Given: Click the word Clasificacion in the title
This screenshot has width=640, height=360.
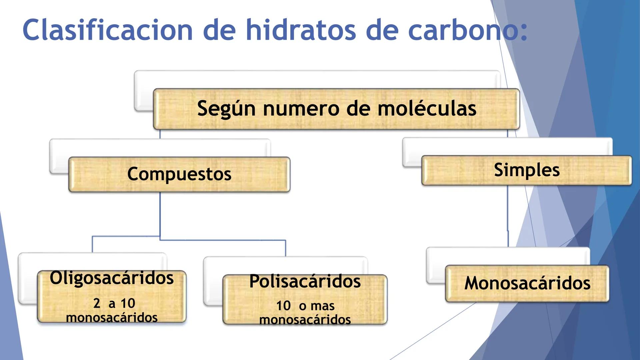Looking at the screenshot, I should [x=108, y=30].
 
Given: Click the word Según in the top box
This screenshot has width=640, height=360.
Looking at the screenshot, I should [x=226, y=109].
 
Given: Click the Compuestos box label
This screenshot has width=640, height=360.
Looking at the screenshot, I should [x=179, y=174].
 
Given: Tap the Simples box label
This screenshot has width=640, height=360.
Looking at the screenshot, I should [x=527, y=170].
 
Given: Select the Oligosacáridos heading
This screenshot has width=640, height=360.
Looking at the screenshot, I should [x=112, y=278].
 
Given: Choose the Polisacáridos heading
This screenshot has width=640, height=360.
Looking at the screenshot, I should [x=305, y=281].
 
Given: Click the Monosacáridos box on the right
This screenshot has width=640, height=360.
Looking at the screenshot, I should [x=527, y=283].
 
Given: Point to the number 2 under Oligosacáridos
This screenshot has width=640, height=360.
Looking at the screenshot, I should [x=97, y=303].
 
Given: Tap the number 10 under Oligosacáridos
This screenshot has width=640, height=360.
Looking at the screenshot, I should [x=128, y=303].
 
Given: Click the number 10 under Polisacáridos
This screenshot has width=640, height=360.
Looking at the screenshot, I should [x=283, y=306].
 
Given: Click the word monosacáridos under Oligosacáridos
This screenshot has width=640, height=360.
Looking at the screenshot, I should [x=112, y=318].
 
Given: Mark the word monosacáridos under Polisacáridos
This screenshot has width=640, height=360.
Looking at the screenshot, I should [x=305, y=320].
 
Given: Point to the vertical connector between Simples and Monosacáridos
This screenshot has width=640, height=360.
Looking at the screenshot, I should [x=508, y=217].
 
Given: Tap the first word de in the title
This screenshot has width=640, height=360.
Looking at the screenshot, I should [x=219, y=30].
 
